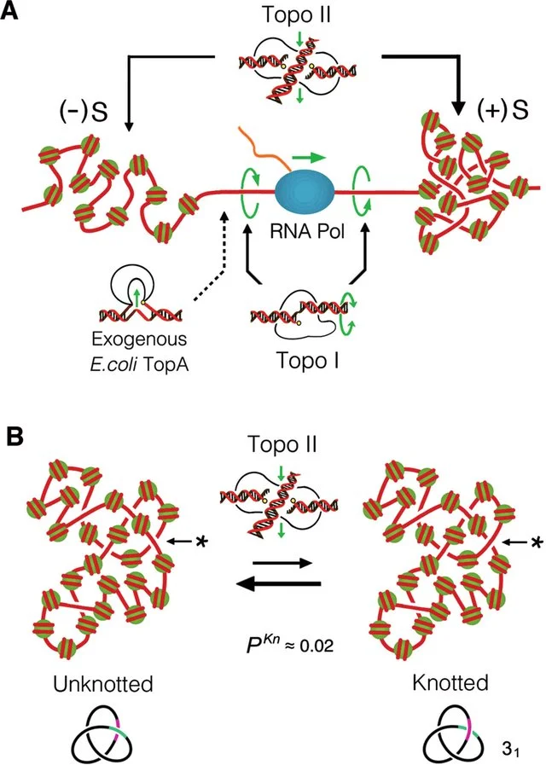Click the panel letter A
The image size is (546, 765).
coord(15,16)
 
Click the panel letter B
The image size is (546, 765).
coord(15,437)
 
